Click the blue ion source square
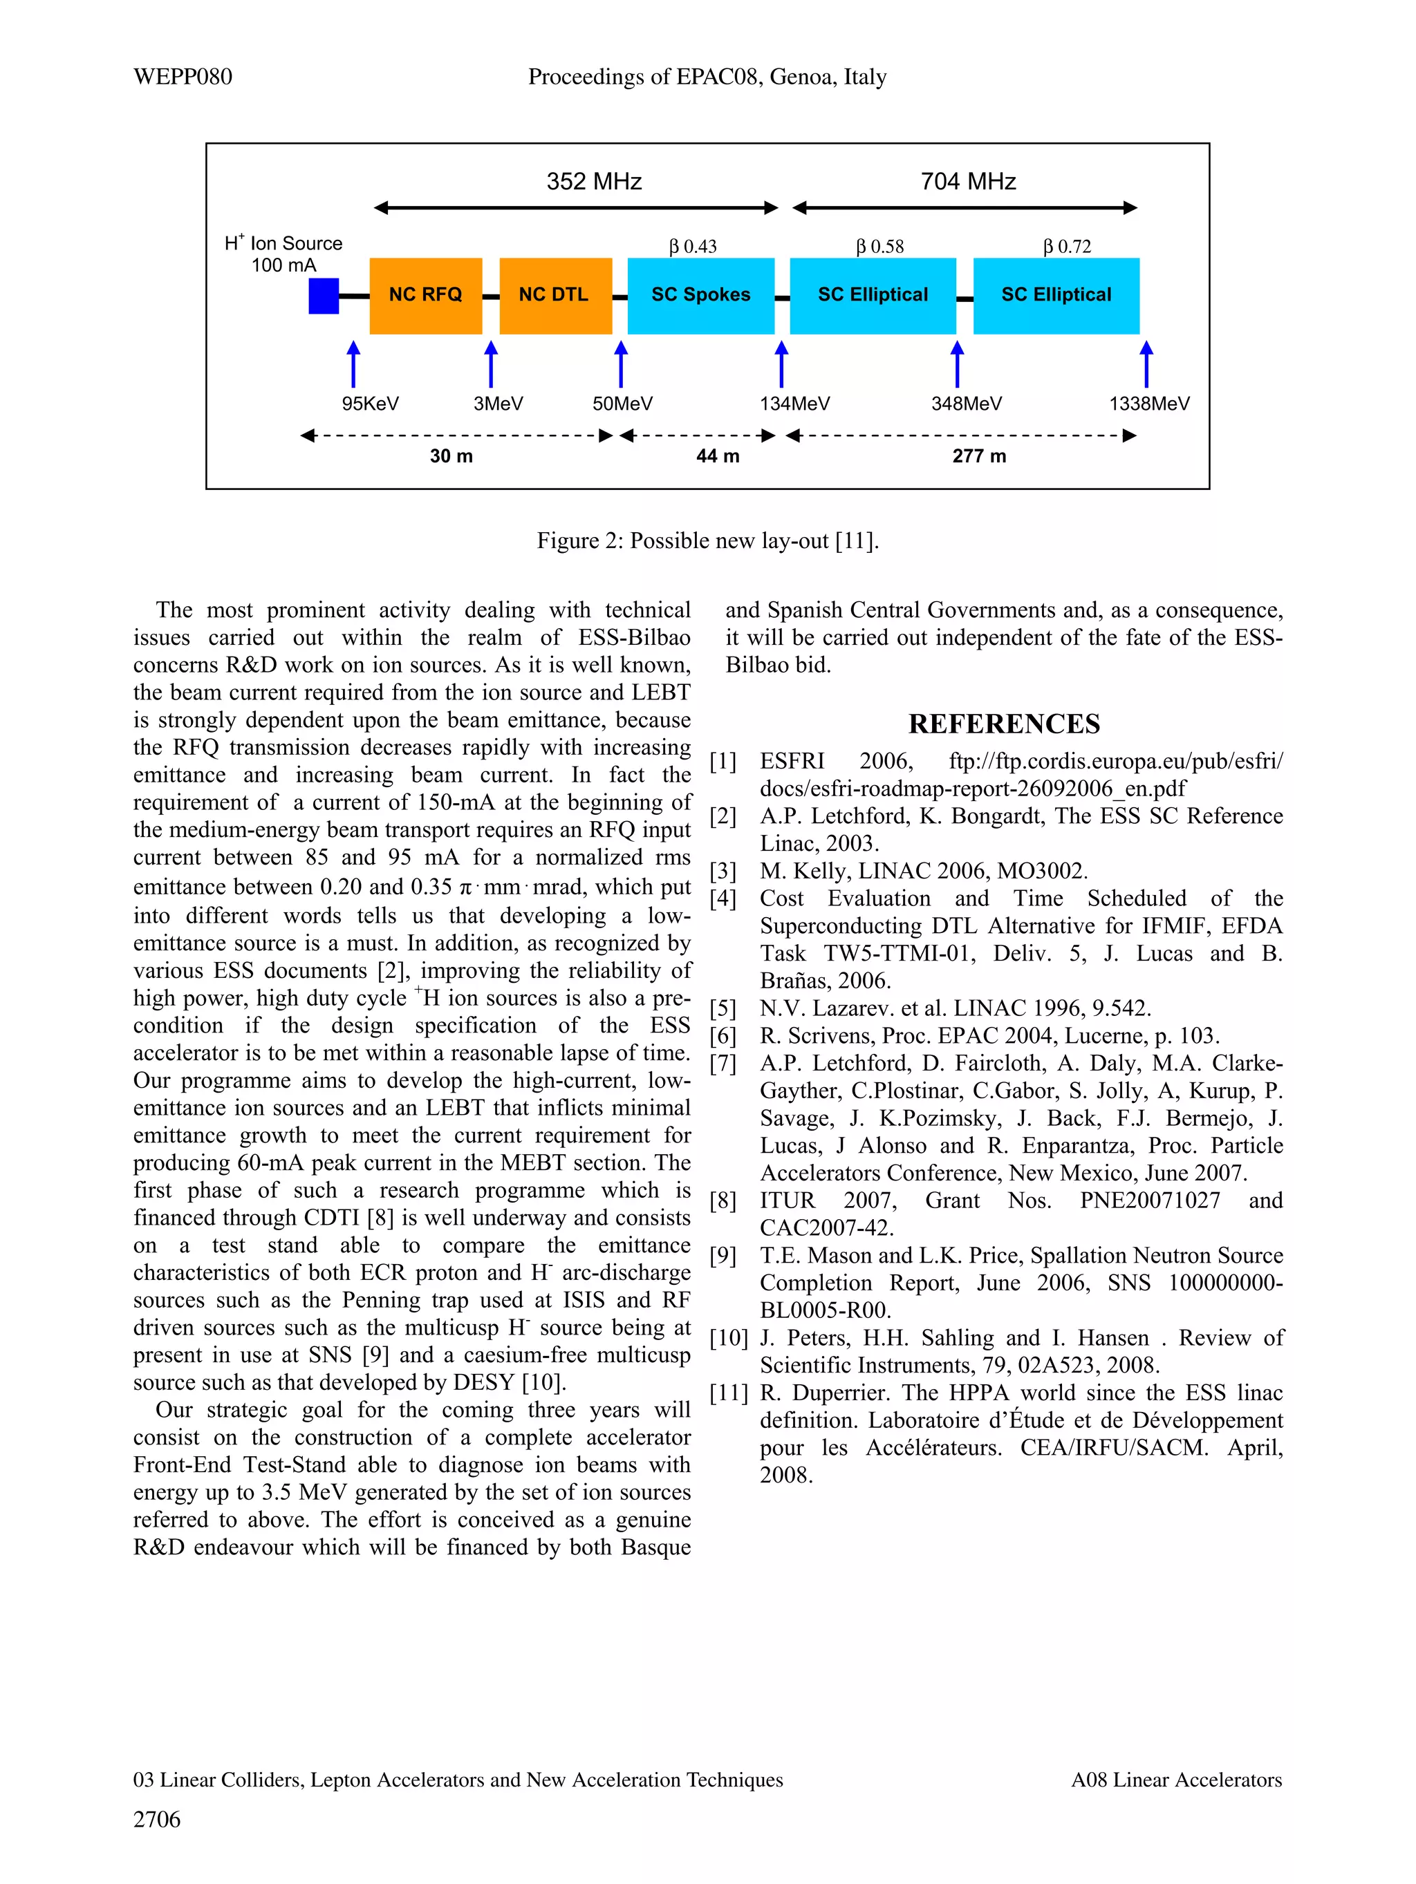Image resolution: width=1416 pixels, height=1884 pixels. pyautogui.click(x=324, y=296)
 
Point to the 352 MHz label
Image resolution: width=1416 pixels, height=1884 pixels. pyautogui.click(x=594, y=181)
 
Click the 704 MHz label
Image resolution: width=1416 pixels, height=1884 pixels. pyautogui.click(x=968, y=181)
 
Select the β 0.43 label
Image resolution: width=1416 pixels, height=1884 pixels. pyautogui.click(x=693, y=247)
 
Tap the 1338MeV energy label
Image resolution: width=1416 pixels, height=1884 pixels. pyautogui.click(x=1148, y=404)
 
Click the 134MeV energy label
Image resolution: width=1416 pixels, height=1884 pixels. pyautogui.click(x=794, y=404)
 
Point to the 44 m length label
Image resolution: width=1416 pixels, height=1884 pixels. pyautogui.click(x=718, y=457)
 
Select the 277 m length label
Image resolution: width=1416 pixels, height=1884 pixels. pyautogui.click(x=979, y=457)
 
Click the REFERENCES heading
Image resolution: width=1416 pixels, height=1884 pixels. pyautogui.click(x=1004, y=724)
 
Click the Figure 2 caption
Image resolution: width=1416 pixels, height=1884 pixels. pyautogui.click(x=707, y=541)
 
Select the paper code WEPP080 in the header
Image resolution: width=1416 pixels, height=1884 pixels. pyautogui.click(x=183, y=77)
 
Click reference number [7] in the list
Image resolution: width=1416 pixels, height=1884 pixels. pyautogui.click(x=723, y=1063)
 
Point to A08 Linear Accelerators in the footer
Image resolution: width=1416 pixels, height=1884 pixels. pyautogui.click(x=1176, y=1780)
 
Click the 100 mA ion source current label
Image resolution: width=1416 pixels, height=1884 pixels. pyautogui.click(x=283, y=265)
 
